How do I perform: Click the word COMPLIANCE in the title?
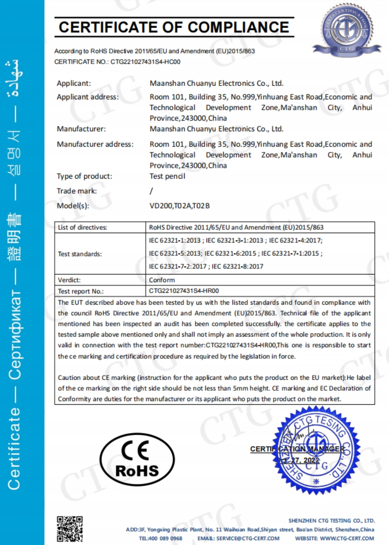point(239,27)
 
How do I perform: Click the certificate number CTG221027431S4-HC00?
point(146,62)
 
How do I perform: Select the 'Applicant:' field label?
point(74,84)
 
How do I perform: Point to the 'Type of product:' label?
point(85,176)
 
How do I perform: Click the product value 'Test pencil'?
point(167,176)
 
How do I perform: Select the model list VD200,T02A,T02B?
point(180,206)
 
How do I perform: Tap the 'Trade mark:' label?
point(77,191)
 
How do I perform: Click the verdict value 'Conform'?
point(162,280)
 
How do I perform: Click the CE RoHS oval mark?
point(137,459)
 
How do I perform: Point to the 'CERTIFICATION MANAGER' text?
point(297,449)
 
